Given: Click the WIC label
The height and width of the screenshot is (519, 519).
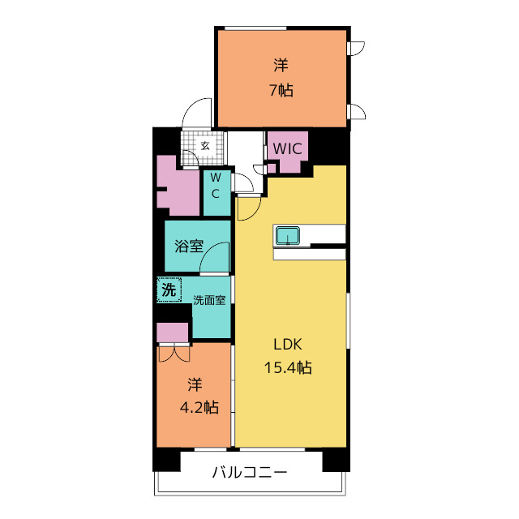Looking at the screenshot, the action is click(x=287, y=148).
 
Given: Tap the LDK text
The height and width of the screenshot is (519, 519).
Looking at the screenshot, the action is click(x=288, y=345).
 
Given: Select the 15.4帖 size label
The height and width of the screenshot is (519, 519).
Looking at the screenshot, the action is click(x=288, y=367).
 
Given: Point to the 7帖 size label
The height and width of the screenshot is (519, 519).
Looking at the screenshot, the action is click(x=281, y=90).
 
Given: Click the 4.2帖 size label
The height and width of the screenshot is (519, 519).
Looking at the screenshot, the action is click(x=199, y=407).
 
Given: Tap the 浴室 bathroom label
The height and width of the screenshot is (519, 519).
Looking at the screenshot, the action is click(x=189, y=246).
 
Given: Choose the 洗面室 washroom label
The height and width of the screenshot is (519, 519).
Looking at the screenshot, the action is click(x=209, y=300).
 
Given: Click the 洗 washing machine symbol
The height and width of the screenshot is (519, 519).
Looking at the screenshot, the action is click(x=169, y=290).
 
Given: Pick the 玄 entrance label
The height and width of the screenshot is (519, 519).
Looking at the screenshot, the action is click(x=205, y=146).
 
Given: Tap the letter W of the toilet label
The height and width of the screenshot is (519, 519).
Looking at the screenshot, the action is click(x=216, y=178).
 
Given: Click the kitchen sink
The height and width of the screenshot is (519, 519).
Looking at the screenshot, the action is click(x=287, y=236).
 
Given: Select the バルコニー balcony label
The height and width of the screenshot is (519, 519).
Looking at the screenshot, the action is click(x=250, y=472).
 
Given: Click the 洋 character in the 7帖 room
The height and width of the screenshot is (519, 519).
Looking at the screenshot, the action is click(x=281, y=65).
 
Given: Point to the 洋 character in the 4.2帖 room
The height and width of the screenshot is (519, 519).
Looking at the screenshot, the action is click(x=195, y=384).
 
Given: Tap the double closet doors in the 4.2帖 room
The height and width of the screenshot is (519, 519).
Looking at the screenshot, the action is click(x=174, y=353).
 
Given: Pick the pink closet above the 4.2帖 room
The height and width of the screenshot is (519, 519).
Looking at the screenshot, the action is click(x=172, y=332).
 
